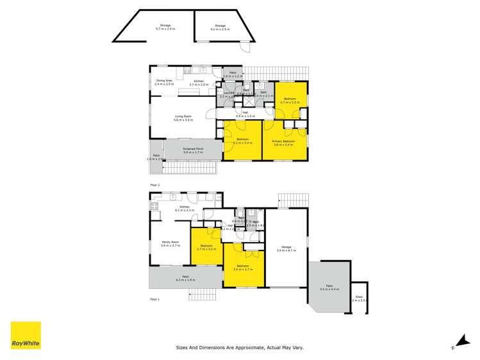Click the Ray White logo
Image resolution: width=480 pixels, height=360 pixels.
click(26, 336)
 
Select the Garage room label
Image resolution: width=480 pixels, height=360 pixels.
click(286, 249)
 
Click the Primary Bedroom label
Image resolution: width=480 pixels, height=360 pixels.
click(284, 143)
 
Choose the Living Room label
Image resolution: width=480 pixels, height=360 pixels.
click(183, 118)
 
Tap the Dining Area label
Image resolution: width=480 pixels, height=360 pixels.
click(164, 82)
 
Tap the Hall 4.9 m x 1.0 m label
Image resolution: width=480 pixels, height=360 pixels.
click(245, 114)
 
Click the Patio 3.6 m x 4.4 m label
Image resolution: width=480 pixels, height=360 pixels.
click(329, 288)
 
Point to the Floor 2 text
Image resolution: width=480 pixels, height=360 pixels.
click(154, 184)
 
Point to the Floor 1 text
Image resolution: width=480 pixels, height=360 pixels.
click(154, 299)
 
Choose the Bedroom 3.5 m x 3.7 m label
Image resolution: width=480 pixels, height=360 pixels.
click(244, 268)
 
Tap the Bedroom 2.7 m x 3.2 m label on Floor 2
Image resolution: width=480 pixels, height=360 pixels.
click(290, 100)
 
